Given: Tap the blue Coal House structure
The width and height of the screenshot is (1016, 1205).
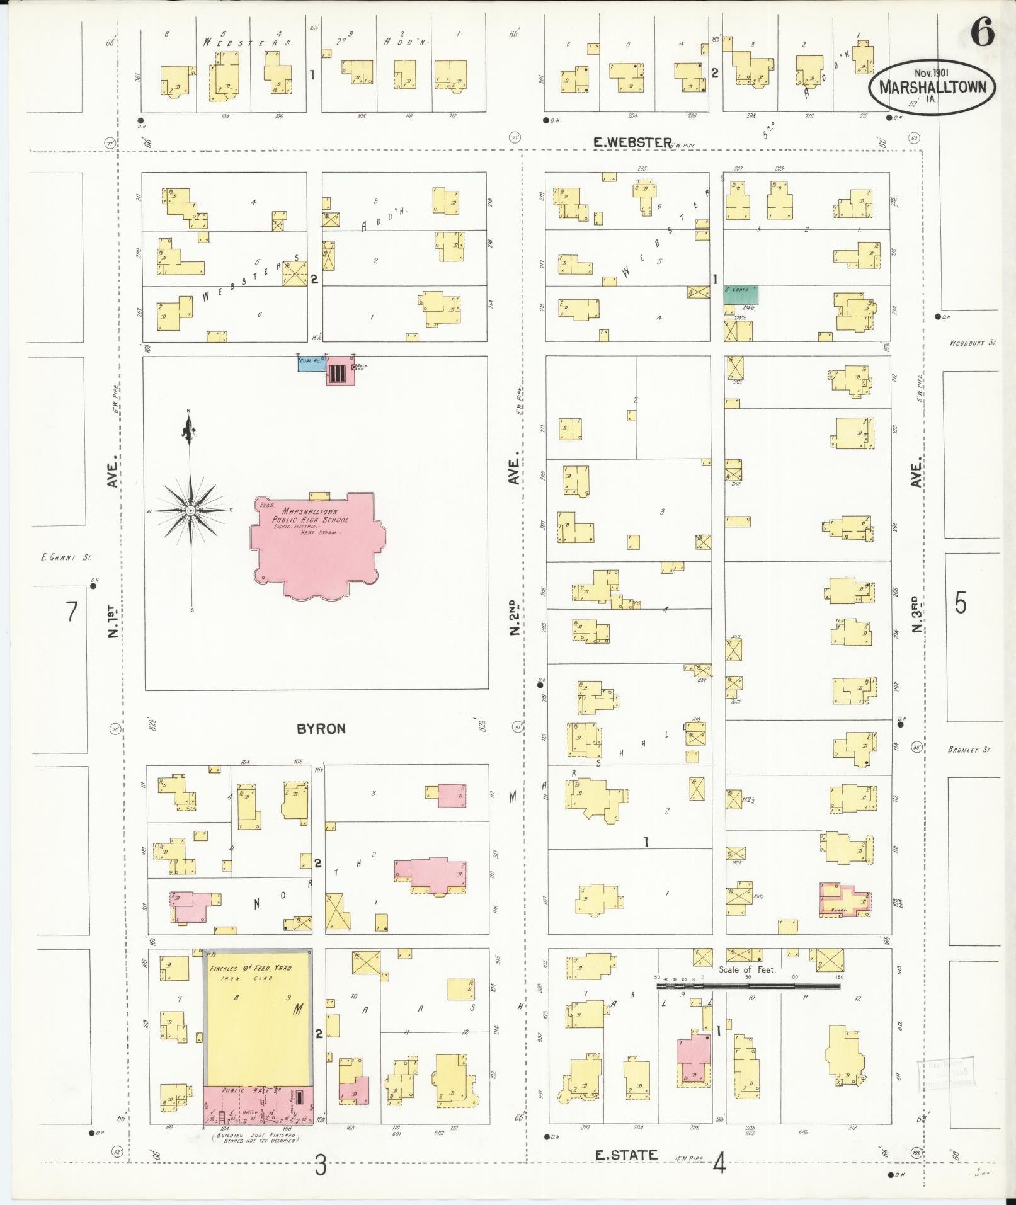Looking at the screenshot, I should [x=311, y=363].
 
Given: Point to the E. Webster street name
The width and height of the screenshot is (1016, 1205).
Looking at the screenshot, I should [x=633, y=143].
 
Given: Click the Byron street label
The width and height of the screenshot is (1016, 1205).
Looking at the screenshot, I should [x=321, y=729].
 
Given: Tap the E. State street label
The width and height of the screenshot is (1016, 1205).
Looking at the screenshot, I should [x=627, y=1155].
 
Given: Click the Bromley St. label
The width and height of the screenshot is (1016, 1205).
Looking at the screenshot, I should [x=969, y=750].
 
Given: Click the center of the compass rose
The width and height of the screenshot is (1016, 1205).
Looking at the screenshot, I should [x=189, y=510].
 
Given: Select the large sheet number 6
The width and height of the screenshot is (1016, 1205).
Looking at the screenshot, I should [x=981, y=33].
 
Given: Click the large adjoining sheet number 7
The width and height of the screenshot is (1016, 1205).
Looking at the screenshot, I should [x=72, y=611].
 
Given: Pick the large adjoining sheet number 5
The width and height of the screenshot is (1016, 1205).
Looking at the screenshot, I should [x=960, y=603].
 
